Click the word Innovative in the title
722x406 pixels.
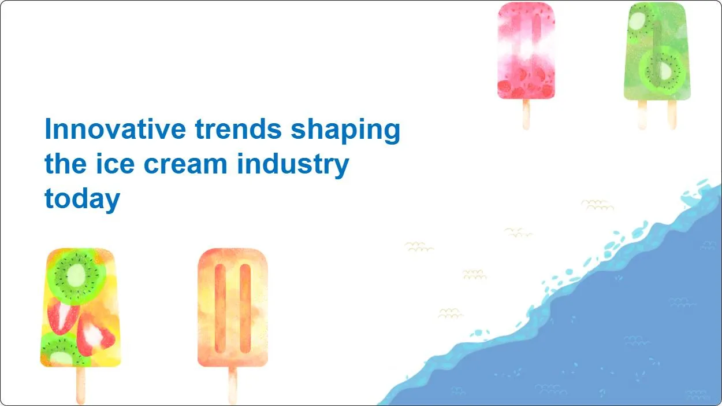[x=116, y=129]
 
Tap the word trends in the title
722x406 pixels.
[x=239, y=129]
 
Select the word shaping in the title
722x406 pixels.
[x=345, y=131]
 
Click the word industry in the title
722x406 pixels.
[x=293, y=165]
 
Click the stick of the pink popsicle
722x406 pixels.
[x=526, y=115]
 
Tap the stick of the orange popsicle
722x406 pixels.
[x=233, y=385]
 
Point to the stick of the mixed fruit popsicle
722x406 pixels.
[x=81, y=385]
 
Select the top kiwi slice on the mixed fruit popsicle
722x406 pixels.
[x=76, y=276]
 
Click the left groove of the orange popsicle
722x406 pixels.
[x=220, y=308]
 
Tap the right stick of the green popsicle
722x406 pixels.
[x=672, y=115]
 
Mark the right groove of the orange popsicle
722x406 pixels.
[x=245, y=308]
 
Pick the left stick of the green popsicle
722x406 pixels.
[x=642, y=115]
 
